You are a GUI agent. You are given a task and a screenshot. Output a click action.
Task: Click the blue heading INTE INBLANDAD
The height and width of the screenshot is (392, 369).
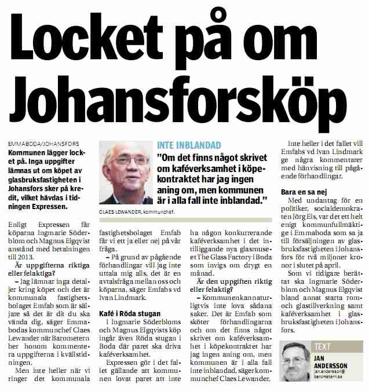tap(189, 145)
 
